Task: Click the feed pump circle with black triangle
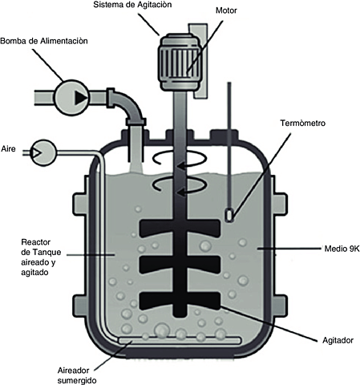click(x=72, y=97)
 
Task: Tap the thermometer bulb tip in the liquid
click(x=230, y=215)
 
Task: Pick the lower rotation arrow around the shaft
click(x=173, y=190)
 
